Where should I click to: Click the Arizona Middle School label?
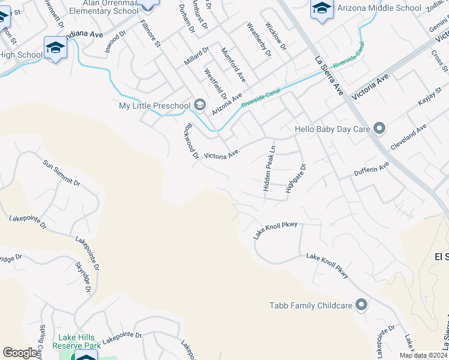(x=379, y=8)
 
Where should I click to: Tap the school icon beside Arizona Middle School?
(x=322, y=9)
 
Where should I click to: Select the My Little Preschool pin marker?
(x=199, y=106)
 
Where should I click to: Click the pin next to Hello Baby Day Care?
(x=379, y=128)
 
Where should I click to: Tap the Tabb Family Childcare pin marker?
(x=361, y=305)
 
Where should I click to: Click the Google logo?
(x=20, y=353)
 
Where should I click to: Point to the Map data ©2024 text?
(x=423, y=355)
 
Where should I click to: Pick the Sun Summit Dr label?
(x=61, y=172)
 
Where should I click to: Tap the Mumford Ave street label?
(x=234, y=65)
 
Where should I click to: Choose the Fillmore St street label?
(x=150, y=33)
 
